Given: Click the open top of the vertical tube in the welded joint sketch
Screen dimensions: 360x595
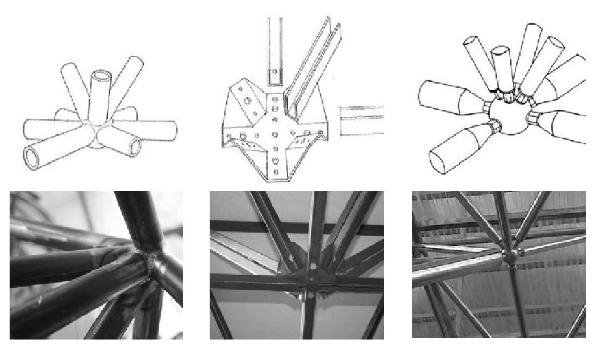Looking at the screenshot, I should pyautogui.click(x=102, y=76).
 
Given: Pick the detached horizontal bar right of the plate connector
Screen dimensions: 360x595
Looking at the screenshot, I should pyautogui.click(x=361, y=121).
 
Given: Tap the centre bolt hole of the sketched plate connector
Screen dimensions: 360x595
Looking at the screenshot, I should pyautogui.click(x=275, y=134).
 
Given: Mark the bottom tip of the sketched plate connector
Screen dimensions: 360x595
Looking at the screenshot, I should pyautogui.click(x=275, y=181).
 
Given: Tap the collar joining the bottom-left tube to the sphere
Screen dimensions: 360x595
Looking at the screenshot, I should pyautogui.click(x=493, y=127).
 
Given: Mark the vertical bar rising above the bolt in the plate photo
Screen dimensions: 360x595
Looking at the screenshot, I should pyautogui.click(x=315, y=227).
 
